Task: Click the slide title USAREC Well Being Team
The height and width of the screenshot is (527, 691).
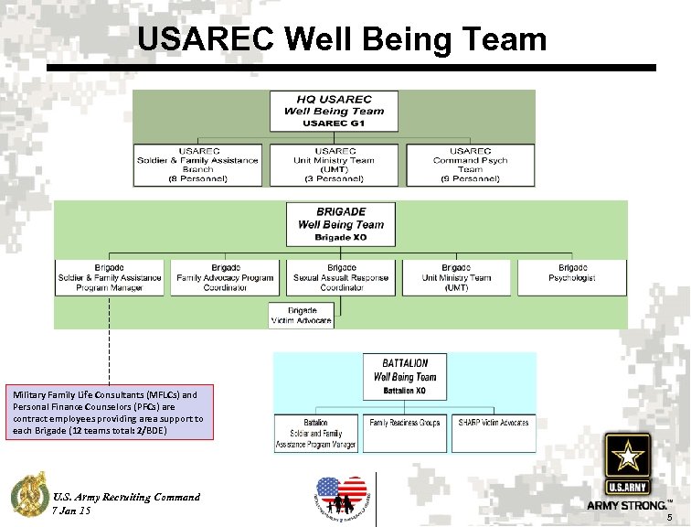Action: (342, 39)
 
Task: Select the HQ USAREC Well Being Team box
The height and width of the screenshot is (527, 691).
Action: (334, 111)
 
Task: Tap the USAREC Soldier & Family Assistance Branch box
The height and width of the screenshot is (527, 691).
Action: (197, 165)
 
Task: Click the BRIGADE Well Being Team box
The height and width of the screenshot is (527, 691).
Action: (340, 224)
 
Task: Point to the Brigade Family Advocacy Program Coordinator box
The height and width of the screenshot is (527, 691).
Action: (225, 277)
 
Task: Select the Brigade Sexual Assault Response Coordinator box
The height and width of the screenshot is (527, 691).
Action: (341, 277)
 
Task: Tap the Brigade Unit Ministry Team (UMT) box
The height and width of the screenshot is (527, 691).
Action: (456, 277)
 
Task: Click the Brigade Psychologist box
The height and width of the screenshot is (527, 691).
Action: (572, 277)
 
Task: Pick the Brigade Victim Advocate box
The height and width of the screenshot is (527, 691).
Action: (302, 316)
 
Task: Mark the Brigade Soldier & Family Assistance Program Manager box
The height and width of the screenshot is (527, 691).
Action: (110, 277)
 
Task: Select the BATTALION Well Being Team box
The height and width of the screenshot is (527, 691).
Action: (404, 376)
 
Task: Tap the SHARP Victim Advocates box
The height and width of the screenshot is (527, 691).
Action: (494, 433)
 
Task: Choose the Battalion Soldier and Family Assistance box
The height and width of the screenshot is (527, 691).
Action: (317, 433)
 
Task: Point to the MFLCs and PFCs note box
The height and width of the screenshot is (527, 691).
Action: (109, 412)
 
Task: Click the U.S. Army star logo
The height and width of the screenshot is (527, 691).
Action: (626, 463)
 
